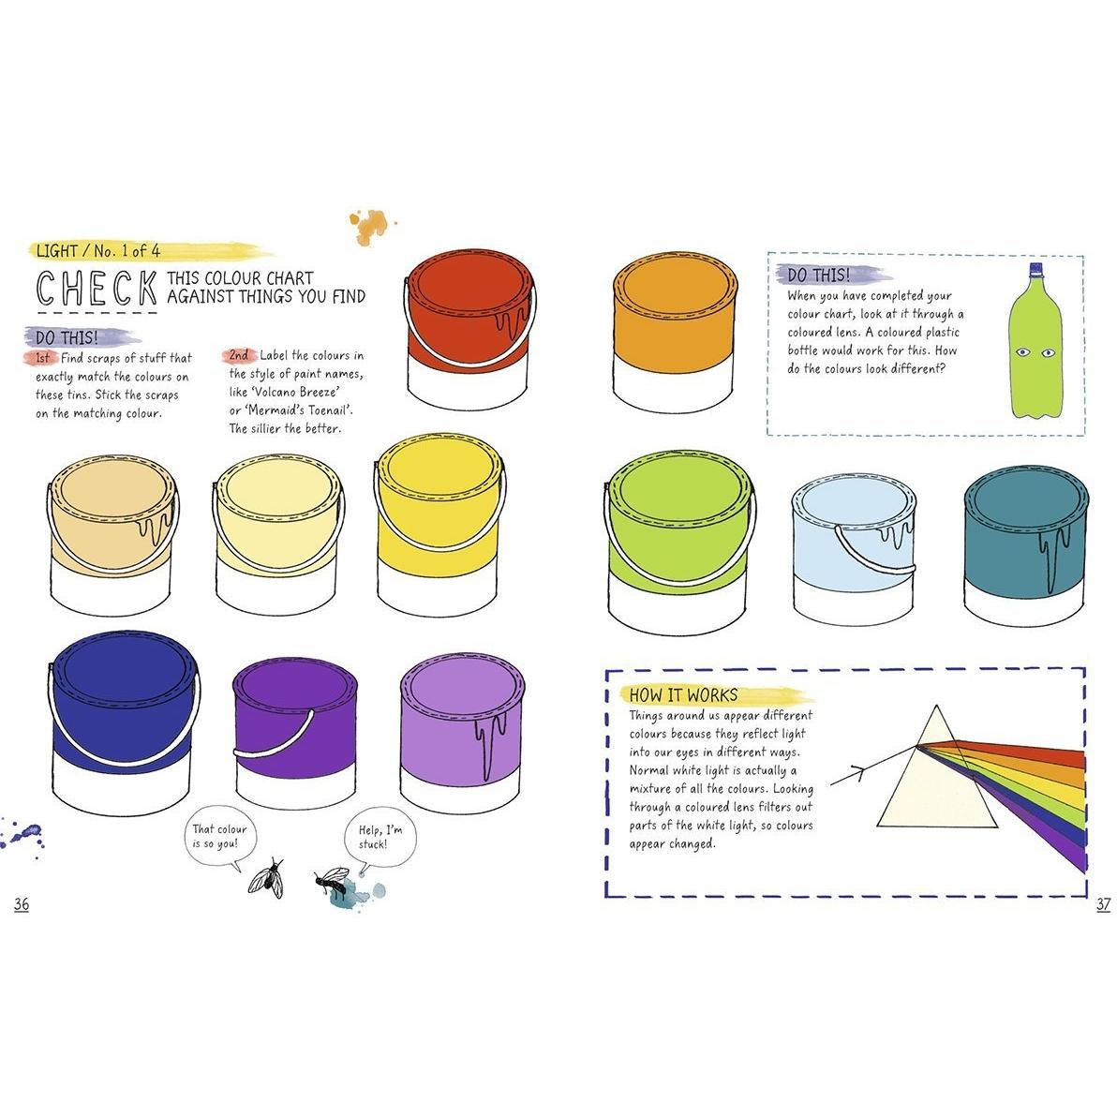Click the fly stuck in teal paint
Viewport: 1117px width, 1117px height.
point(332,881)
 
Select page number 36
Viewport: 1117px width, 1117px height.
point(22,904)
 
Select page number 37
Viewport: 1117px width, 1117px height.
point(1103,904)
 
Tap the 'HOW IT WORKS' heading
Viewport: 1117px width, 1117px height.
point(683,695)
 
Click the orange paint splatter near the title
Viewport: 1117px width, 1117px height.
point(370,225)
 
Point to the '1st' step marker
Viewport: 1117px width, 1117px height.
point(43,358)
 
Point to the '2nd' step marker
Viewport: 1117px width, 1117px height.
point(239,355)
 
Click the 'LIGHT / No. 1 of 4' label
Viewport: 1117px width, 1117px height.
point(98,251)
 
